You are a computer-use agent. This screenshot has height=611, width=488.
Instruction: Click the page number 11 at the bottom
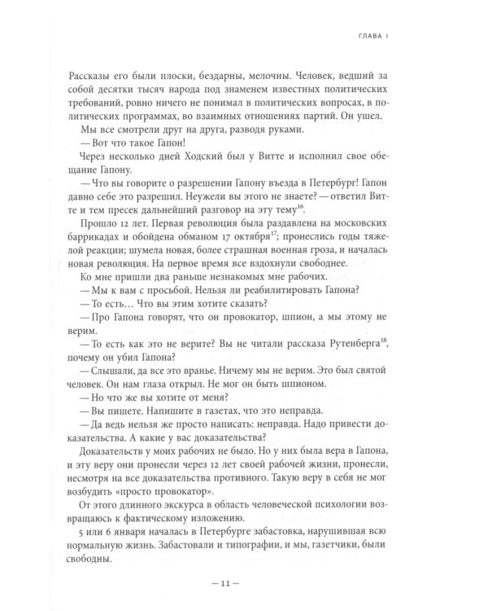pyautogui.click(x=244, y=584)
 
